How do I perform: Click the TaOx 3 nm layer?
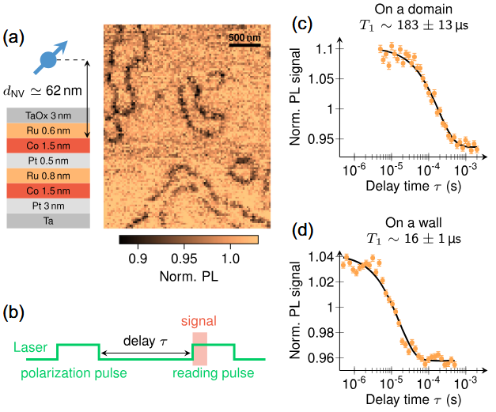tap(50, 115)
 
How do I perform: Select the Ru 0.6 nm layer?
tap(50, 130)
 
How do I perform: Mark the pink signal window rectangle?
tap(199, 347)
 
